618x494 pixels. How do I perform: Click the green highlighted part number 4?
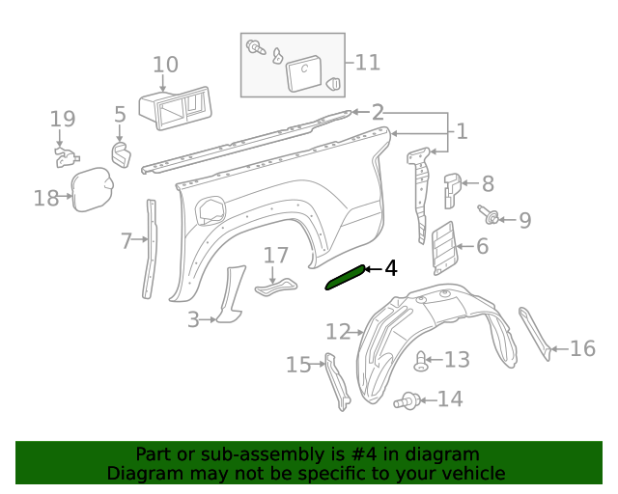346,277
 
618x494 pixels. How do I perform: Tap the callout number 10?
165,66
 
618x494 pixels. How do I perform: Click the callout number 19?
63,120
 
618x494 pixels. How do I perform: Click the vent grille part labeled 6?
442,246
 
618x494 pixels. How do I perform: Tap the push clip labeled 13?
421,362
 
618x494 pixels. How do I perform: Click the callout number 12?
338,332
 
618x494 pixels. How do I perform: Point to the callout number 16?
582,348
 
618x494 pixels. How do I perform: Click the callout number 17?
276,256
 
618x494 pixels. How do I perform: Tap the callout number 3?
193,319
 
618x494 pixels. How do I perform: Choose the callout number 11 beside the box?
367,63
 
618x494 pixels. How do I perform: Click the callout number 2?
378,112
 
